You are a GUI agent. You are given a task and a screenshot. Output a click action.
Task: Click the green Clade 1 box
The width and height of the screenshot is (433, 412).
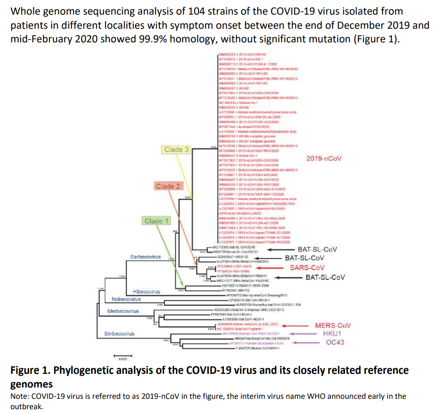157,221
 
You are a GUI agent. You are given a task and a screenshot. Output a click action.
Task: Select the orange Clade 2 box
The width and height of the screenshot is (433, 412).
168,186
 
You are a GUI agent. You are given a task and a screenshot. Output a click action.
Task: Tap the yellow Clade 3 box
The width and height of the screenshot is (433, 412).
176,150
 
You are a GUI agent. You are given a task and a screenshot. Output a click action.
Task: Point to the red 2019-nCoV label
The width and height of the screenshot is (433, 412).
323,159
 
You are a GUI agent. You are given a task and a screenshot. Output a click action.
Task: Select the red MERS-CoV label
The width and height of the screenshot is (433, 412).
333,325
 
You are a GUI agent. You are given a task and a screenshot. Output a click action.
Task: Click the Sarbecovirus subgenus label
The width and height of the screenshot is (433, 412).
146,258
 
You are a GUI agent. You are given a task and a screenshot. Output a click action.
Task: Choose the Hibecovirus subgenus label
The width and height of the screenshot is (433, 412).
147,292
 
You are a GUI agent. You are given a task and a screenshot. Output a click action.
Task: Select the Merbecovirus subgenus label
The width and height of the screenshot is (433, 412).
123,311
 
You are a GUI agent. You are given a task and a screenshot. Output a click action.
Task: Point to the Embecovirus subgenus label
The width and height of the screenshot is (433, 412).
119,333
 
